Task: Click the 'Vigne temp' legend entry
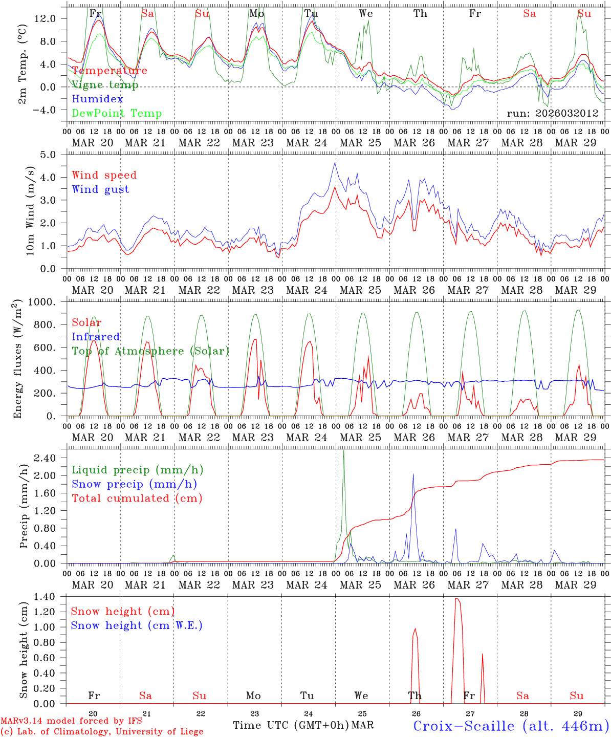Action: [105, 85]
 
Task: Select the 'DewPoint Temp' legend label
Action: [117, 114]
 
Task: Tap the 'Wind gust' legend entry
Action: [100, 189]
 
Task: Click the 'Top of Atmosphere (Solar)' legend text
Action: [150, 351]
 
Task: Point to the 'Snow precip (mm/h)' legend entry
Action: [134, 484]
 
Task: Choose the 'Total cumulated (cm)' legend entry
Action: [137, 498]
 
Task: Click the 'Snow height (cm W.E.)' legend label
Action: [136, 625]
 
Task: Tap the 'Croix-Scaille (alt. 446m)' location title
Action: [511, 726]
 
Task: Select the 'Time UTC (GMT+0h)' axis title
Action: [291, 725]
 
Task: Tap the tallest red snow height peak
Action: [456, 598]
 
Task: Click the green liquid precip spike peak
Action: [343, 450]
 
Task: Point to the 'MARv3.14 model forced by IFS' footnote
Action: [71, 721]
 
